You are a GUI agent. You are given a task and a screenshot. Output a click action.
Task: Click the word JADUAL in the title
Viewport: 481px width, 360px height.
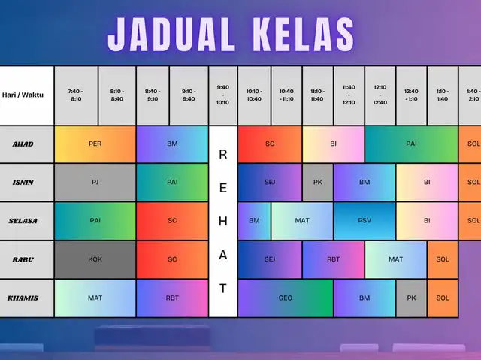[171, 34]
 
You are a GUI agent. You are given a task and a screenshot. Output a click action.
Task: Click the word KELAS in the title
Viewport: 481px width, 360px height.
[304, 34]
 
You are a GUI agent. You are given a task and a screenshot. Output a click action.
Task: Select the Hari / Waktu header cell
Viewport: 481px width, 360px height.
[27, 95]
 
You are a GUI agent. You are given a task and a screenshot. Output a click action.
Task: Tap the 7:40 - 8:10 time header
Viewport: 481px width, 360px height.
[76, 95]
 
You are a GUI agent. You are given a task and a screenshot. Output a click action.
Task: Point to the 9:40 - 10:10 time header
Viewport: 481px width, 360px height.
[223, 95]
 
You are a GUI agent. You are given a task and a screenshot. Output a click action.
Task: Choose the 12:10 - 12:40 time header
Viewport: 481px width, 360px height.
[380, 95]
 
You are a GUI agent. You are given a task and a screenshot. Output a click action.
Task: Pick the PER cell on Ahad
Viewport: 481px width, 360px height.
[95, 144]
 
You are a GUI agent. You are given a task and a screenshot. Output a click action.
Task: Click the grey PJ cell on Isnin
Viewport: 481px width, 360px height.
[95, 183]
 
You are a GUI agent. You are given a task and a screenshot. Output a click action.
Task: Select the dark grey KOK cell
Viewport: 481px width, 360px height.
[95, 259]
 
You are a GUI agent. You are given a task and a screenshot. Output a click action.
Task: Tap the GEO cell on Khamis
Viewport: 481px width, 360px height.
[286, 298]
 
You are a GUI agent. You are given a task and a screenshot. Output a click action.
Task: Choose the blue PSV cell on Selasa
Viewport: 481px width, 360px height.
[365, 221]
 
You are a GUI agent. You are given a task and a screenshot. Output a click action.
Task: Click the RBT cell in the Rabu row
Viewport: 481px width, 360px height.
[333, 259]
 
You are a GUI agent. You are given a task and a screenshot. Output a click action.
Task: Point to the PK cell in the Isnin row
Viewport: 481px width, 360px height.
[317, 183]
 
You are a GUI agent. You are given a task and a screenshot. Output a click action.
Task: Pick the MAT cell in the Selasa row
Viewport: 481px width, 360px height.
[302, 221]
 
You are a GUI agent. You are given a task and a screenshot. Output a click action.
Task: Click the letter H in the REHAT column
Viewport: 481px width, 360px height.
[223, 221]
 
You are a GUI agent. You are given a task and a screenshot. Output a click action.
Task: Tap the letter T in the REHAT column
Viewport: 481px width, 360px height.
[223, 289]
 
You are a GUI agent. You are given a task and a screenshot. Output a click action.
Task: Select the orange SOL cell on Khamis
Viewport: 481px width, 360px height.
[443, 298]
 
